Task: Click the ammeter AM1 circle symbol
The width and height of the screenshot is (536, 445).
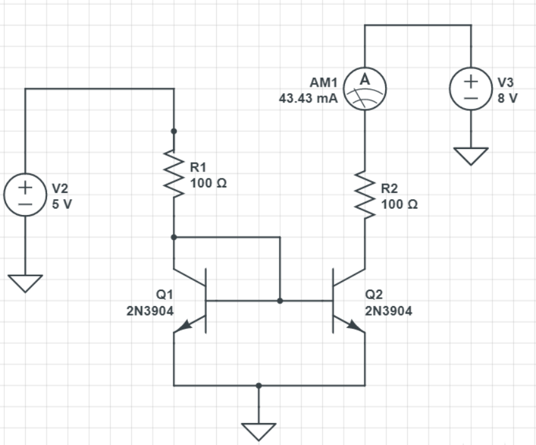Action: (x=364, y=89)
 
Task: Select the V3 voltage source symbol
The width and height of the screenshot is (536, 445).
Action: (x=471, y=89)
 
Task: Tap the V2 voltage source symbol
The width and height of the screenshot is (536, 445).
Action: (x=25, y=195)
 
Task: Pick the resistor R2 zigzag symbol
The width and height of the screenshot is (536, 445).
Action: (x=364, y=195)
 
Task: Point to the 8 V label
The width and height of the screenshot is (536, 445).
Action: (x=506, y=99)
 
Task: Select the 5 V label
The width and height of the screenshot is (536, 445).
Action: (x=62, y=205)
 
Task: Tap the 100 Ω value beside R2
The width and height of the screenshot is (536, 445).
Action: (x=399, y=204)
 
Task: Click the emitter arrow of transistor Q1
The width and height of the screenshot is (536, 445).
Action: (x=183, y=326)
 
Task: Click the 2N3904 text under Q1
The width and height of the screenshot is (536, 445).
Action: (x=150, y=310)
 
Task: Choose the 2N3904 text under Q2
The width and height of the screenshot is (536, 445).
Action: (x=388, y=310)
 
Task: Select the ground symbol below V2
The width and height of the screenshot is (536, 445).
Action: (x=25, y=284)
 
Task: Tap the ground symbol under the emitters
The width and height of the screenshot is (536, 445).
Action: (x=259, y=431)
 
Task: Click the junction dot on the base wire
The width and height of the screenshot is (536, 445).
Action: (x=280, y=301)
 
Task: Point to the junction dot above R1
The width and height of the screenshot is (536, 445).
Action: (x=174, y=131)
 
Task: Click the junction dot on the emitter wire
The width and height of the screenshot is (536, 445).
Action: (x=259, y=385)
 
